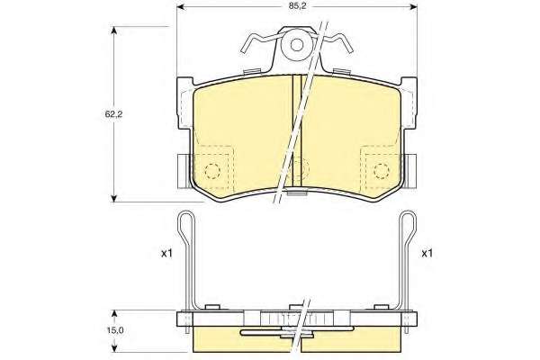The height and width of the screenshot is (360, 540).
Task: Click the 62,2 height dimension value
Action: [x=113, y=114]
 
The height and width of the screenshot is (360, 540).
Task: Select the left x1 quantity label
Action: [x=166, y=254]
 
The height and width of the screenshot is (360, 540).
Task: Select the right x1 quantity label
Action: [x=427, y=254]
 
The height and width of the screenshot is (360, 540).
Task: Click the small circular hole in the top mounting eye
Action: [x=296, y=44]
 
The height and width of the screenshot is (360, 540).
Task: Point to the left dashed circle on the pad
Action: [x=212, y=170]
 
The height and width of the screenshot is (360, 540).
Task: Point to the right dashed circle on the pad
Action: [x=382, y=170]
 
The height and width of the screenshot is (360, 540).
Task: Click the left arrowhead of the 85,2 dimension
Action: [x=181, y=7]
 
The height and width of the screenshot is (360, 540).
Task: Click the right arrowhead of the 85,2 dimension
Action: [x=412, y=7]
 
